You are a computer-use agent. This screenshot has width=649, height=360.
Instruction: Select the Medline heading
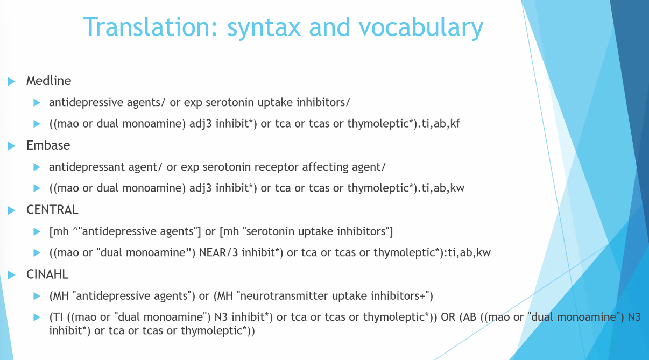coord(48,81)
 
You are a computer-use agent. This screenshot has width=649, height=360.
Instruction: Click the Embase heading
coord(48,145)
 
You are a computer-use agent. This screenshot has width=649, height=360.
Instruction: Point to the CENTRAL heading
coord(52,210)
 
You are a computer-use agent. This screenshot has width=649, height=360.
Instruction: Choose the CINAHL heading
coord(47,274)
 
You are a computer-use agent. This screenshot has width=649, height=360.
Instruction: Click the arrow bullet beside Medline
coord(12,81)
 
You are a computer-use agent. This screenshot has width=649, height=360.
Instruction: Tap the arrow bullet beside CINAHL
coord(12,275)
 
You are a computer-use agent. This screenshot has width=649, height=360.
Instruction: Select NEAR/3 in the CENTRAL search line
coord(218,252)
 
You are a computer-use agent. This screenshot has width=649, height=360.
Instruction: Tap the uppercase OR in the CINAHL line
coord(448,317)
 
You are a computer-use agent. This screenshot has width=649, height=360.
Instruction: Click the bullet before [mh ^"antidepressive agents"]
coord(37,232)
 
